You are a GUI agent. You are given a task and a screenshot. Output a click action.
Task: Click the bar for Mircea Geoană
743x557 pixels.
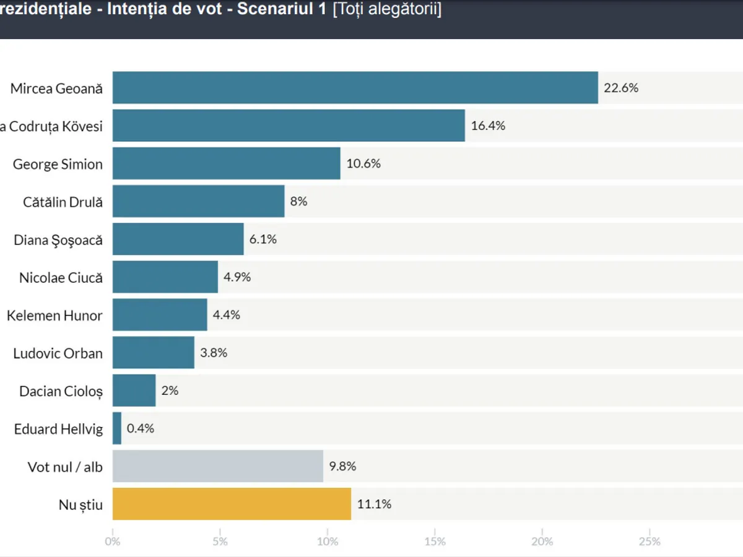(x=355, y=88)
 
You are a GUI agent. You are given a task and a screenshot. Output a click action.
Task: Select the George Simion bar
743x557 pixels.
(x=226, y=163)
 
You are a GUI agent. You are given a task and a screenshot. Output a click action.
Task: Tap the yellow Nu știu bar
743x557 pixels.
(x=232, y=504)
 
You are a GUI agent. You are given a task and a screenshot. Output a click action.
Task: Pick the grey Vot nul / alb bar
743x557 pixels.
(x=217, y=466)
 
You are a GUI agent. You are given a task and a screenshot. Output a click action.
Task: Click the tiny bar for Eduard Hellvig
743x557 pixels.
(x=117, y=428)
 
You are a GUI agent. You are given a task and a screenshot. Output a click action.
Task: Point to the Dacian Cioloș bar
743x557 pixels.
(x=134, y=391)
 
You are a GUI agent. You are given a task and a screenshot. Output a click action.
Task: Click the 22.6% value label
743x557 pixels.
(x=620, y=88)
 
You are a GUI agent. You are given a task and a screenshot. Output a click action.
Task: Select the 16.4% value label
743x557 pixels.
(x=488, y=126)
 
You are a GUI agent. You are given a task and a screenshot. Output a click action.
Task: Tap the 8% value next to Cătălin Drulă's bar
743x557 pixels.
(x=298, y=201)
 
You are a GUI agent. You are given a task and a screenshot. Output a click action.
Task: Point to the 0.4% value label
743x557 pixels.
(x=140, y=428)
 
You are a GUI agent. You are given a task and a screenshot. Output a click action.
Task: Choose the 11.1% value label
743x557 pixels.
(x=374, y=504)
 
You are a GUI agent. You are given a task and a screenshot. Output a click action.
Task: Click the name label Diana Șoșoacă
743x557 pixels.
(x=58, y=240)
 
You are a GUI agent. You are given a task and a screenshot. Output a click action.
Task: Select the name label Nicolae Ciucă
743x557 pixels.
(x=61, y=277)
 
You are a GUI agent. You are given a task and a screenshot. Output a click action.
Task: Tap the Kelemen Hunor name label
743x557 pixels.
(x=54, y=316)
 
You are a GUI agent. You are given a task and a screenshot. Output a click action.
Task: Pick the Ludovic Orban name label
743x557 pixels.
(x=58, y=353)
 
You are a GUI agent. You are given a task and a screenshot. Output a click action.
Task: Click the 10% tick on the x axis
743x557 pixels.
(x=328, y=542)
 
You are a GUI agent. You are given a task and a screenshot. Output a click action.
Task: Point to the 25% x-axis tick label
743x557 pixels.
(x=650, y=542)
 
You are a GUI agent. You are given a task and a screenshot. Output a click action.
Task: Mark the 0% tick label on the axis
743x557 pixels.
(x=113, y=542)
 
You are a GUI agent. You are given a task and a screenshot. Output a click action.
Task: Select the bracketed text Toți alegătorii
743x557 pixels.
(x=387, y=11)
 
